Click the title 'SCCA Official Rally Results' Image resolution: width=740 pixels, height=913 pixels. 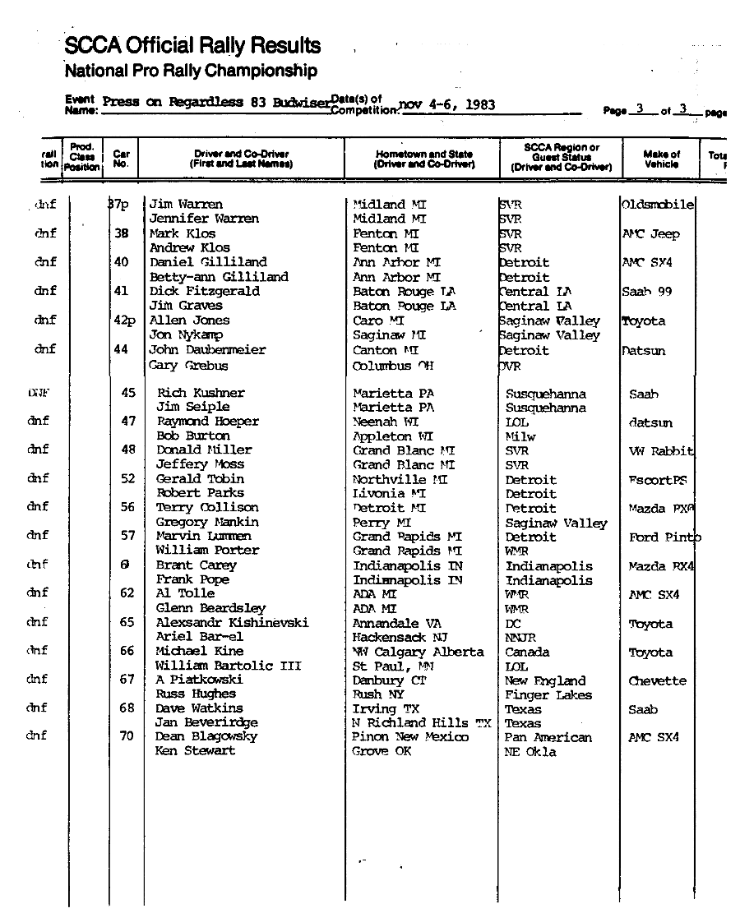tap(192, 45)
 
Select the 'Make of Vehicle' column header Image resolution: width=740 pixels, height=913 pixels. tap(661, 159)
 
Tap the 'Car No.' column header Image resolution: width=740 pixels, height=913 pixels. tap(121, 159)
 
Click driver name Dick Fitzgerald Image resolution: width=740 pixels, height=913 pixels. tap(204, 291)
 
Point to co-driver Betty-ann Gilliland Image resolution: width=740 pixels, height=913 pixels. tap(219, 277)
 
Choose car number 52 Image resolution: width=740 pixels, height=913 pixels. tap(127, 478)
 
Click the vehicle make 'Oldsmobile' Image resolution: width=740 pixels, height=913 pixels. tap(658, 205)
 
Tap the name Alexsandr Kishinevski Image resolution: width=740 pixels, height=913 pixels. tap(233, 623)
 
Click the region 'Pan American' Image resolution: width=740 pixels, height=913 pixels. tap(548, 737)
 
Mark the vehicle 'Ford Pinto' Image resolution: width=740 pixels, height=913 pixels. tap(665, 537)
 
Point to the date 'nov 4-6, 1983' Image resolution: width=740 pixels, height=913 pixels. tap(446, 104)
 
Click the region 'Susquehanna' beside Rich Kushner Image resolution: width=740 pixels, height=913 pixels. tap(546, 394)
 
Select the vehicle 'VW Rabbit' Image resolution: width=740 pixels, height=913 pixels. tap(661, 451)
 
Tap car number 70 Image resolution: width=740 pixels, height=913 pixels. tap(127, 736)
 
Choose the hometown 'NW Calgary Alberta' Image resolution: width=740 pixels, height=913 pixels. tap(419, 652)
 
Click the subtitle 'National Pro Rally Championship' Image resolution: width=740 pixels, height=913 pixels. tap(191, 71)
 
